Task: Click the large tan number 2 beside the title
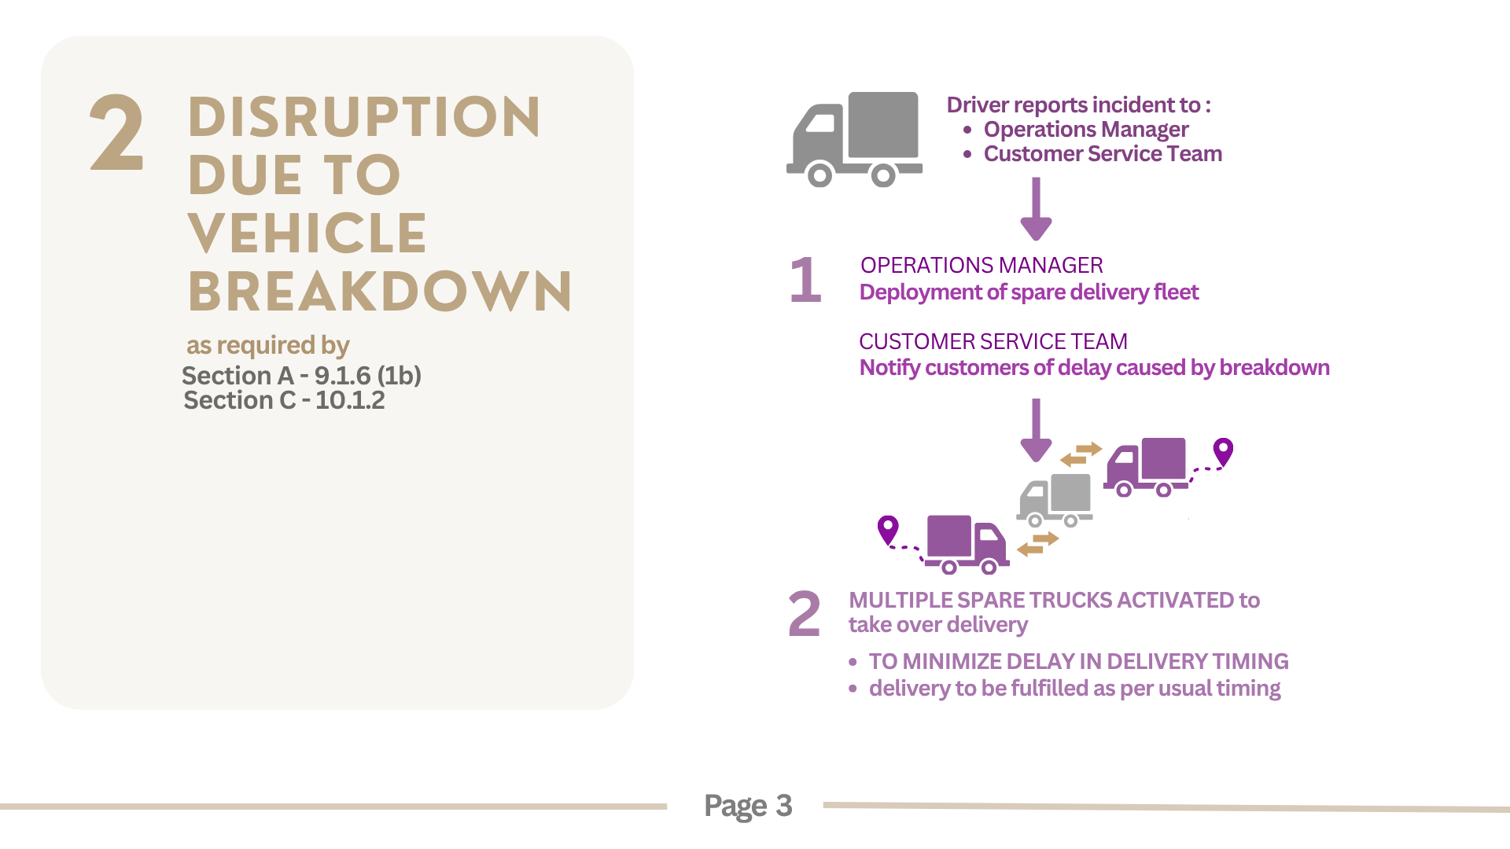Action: coord(117,132)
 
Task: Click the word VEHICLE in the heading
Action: coord(308,233)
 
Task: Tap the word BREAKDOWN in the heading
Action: coord(380,292)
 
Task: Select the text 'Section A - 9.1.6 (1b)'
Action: coord(301,376)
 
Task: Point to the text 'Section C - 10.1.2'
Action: coord(284,400)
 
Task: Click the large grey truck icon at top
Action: coord(854,139)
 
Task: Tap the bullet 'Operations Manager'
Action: coord(1086,129)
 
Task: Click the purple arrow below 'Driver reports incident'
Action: coord(1036,209)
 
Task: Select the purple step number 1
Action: coord(806,280)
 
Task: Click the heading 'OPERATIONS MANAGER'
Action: coord(981,265)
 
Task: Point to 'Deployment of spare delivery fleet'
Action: coord(1029,292)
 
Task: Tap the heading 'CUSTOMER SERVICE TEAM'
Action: coord(993,341)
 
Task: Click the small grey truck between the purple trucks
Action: coord(1055,500)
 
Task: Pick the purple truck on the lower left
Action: coord(967,544)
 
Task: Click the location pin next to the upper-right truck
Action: coord(1223,453)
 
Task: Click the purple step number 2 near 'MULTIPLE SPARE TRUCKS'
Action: coord(804,614)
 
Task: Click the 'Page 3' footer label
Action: coord(748,806)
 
